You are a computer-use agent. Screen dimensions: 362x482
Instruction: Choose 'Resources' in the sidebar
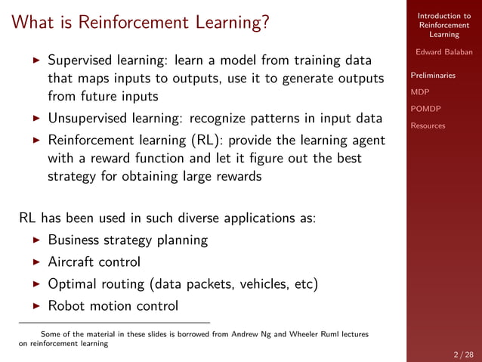pos(428,125)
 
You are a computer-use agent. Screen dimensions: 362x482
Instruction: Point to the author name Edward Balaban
pos(443,52)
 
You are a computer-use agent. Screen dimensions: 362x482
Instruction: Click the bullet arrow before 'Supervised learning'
pos(36,60)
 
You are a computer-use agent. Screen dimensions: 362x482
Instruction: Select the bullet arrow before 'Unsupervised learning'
pos(36,119)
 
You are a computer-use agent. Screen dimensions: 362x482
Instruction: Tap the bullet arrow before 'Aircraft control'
pos(36,263)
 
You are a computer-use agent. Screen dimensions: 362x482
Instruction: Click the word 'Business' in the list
pos(74,241)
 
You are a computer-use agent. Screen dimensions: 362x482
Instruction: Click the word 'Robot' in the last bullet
pos(66,306)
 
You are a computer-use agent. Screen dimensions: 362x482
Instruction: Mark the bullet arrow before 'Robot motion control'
pos(36,307)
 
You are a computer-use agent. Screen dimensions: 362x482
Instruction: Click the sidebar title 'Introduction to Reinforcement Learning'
pos(443,25)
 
